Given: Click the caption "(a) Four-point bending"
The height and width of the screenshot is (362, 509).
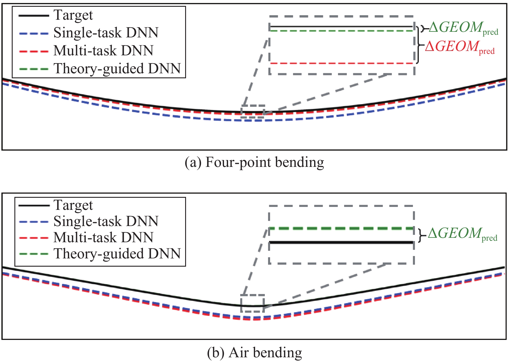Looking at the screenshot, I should tap(254, 162).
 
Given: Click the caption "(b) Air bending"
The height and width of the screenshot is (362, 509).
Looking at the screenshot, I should tap(254, 352).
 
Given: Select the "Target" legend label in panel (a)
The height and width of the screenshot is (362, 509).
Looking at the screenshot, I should tap(73, 15).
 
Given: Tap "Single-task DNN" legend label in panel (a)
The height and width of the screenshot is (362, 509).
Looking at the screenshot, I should tap(106, 33).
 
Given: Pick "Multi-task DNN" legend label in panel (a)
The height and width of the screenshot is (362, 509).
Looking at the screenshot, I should tap(103, 51).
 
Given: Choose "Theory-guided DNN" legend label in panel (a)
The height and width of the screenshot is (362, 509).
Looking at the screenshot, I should tap(117, 69).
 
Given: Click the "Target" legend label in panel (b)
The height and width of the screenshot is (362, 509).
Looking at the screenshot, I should tap(73, 205).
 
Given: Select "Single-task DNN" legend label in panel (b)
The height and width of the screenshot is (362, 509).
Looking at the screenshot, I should tap(106, 221).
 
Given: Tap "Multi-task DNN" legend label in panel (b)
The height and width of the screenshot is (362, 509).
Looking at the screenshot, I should tap(103, 238).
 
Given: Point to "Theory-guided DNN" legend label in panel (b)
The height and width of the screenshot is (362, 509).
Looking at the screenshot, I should tap(117, 254).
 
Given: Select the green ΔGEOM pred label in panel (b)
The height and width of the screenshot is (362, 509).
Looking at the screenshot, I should tap(463, 234).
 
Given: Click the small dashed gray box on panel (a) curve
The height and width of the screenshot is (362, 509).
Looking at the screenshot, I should tap(253, 112).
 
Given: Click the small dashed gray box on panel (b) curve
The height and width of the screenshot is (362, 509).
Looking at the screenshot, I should tap(253, 303).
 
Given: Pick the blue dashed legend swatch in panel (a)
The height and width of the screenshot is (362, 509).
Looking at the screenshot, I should tap(34, 33).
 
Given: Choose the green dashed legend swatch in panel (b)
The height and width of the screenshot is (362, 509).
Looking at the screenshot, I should tap(34, 254).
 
